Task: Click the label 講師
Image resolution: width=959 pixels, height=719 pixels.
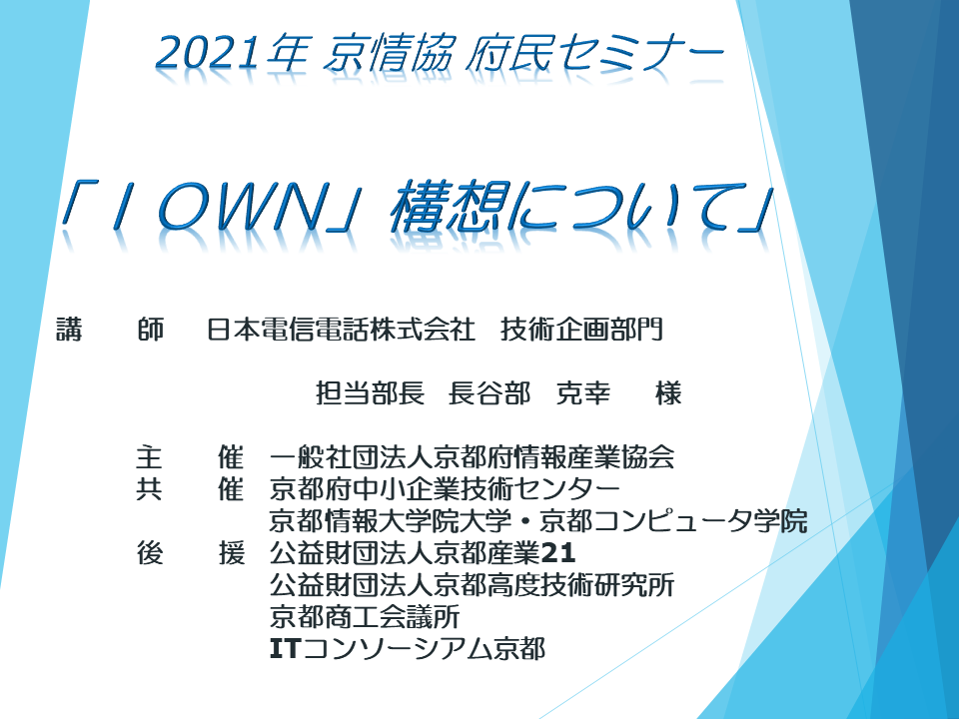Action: pos(110,330)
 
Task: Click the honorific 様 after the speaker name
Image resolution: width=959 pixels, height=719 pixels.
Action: pos(668,393)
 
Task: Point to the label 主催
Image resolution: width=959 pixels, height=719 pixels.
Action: pos(190,458)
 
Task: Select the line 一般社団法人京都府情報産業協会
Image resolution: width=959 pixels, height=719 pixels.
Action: pos(472,458)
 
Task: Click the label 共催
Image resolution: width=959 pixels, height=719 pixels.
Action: pos(190,489)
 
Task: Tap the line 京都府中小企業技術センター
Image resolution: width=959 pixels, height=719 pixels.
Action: pos(445,489)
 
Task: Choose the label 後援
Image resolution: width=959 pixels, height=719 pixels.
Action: pos(190,552)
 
